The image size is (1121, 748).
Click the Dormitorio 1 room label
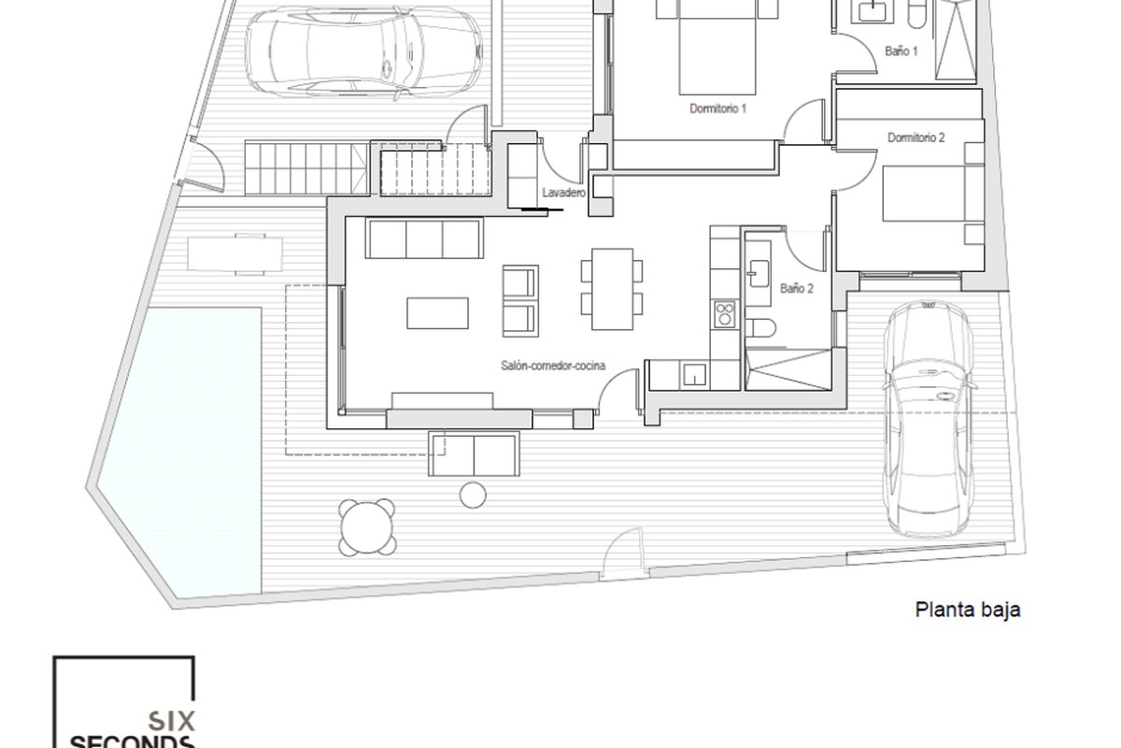point(717,108)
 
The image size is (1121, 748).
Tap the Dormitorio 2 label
point(915,137)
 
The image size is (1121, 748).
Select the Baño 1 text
point(901,51)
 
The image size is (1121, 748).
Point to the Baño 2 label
point(797,289)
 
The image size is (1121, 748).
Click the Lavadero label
point(564,193)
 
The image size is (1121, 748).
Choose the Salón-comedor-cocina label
point(553,366)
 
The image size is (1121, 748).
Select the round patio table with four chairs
point(367,527)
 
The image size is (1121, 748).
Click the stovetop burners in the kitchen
point(725,314)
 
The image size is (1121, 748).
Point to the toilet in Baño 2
point(759,329)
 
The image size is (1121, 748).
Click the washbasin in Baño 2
point(758,274)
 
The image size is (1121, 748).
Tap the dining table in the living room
point(612,289)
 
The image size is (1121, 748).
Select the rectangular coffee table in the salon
point(437,313)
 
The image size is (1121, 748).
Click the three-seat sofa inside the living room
point(424,238)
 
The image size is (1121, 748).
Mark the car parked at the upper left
point(363,53)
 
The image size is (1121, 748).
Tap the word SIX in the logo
point(171,722)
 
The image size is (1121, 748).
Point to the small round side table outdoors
point(473,495)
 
